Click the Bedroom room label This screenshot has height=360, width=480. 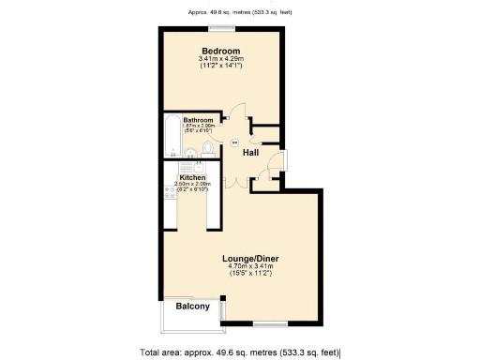coord(221,50)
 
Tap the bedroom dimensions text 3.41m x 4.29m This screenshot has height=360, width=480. coord(221,59)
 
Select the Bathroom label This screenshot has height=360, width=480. coord(198,121)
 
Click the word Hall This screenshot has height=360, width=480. coord(251,152)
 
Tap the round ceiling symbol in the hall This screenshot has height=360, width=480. coord(233,142)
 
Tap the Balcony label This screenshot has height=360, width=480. coord(192,306)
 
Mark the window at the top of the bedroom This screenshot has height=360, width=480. coord(221,29)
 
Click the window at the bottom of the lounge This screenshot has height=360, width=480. coord(270,324)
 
